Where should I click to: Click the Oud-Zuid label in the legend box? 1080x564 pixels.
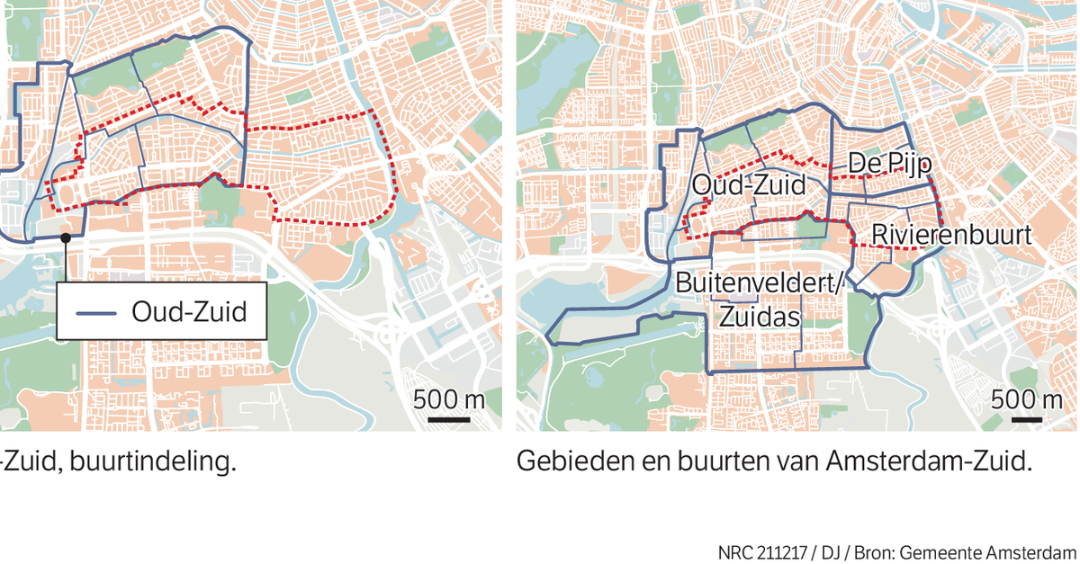[x=188, y=313]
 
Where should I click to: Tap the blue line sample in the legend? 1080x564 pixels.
[x=98, y=313]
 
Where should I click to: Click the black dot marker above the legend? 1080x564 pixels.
[x=66, y=237]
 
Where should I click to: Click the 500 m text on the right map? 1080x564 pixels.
[x=1026, y=398]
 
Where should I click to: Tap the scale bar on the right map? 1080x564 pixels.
[x=1030, y=418]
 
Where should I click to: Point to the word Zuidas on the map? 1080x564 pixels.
[x=760, y=317]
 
